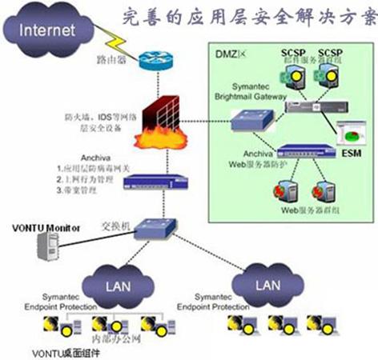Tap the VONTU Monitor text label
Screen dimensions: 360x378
[46, 228]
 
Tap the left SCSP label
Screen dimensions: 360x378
[290, 52]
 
